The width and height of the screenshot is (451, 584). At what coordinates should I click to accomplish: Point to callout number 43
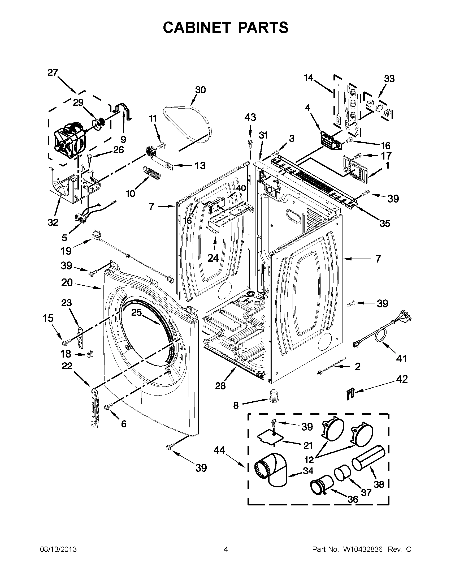click(x=250, y=117)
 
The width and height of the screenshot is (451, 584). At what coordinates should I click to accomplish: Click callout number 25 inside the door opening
click(x=136, y=312)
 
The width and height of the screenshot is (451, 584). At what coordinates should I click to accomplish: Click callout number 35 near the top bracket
click(x=385, y=223)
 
